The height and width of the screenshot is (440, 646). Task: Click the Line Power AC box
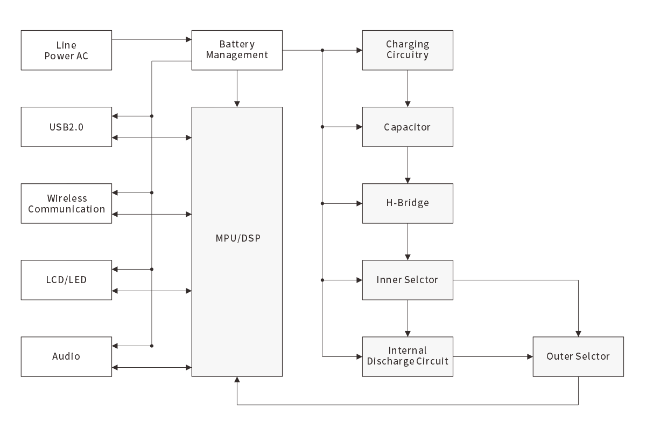tap(66, 50)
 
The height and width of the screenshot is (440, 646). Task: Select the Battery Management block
tap(237, 50)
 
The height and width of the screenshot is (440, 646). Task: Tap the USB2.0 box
tap(66, 127)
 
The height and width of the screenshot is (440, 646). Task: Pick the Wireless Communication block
tap(66, 204)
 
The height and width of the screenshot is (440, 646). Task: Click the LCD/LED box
tap(66, 280)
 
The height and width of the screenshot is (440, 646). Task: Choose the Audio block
tap(66, 356)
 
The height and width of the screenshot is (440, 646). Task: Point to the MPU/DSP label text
tap(237, 238)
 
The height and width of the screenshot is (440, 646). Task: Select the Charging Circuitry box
tap(408, 50)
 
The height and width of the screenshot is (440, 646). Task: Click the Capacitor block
tap(408, 127)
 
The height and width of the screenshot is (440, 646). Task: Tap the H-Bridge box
tap(408, 203)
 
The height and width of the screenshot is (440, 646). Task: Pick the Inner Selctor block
tap(408, 280)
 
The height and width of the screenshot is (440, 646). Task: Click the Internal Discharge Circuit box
tap(408, 356)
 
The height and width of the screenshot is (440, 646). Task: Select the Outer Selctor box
tap(578, 356)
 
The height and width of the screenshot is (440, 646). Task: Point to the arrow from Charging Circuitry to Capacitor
tap(408, 88)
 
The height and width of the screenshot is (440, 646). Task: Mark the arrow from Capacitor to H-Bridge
tap(408, 165)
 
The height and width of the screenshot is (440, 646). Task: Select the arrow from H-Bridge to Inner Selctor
tap(408, 242)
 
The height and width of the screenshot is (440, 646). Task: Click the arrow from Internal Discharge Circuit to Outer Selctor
tap(493, 356)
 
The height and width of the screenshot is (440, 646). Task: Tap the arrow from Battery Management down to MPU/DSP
tap(237, 88)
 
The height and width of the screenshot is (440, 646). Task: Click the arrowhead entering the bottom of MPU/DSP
tap(237, 380)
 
